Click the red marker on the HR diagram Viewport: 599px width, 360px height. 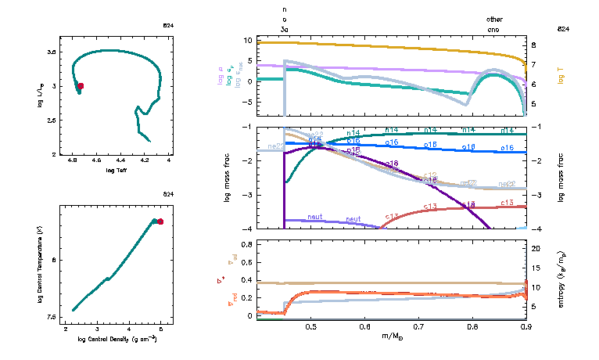(80, 86)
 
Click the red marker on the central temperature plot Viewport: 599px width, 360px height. (160, 221)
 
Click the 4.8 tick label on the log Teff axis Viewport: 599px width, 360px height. (74, 161)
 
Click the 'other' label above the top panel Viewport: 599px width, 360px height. (494, 19)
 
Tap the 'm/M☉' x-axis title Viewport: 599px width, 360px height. (391, 337)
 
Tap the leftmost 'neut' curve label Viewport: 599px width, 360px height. (315, 217)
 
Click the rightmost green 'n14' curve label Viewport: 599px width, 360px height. (507, 130)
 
